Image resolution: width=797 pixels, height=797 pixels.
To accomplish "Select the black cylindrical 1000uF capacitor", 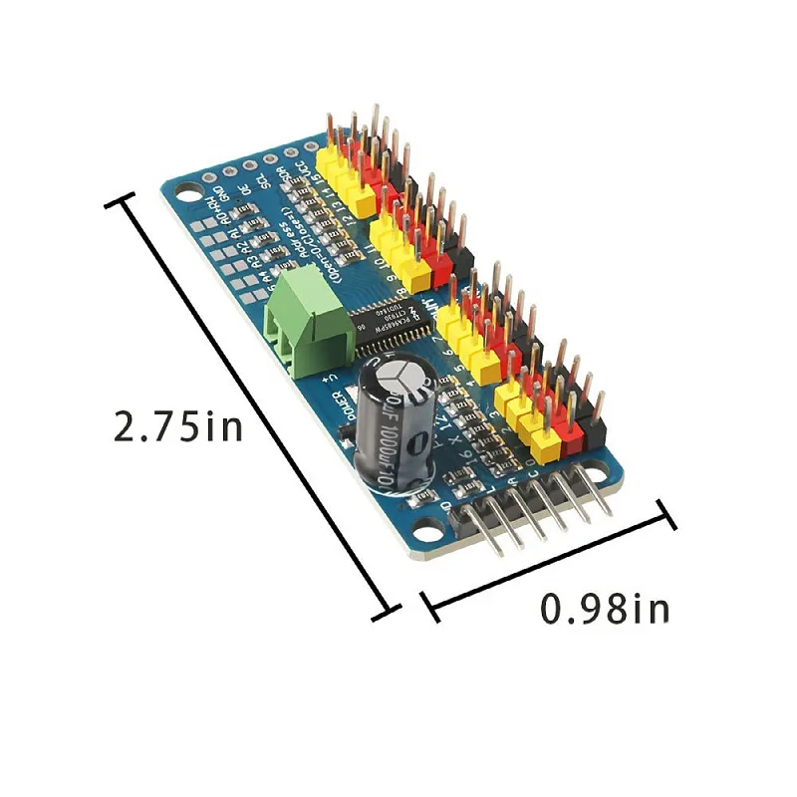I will coord(394,433).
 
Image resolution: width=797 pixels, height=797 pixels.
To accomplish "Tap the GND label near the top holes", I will coord(223,193).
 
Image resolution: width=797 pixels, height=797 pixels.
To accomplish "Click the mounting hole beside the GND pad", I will coord(189,191).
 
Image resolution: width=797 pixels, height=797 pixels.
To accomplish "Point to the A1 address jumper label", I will coord(235,234).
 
